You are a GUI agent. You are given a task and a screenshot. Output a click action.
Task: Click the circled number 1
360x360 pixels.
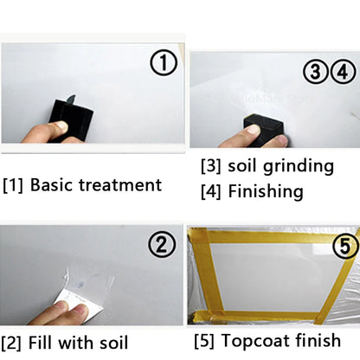coord(164,62)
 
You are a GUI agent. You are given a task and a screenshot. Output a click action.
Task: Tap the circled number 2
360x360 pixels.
coord(163,246)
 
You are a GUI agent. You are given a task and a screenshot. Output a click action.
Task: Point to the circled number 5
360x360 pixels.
coord(345,247)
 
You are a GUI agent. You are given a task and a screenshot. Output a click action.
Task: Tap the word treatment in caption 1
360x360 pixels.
coord(121,184)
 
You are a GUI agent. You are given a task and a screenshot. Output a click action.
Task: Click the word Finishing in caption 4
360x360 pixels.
coord(266,191)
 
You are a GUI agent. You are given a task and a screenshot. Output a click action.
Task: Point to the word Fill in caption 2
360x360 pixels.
coord(43,343)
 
